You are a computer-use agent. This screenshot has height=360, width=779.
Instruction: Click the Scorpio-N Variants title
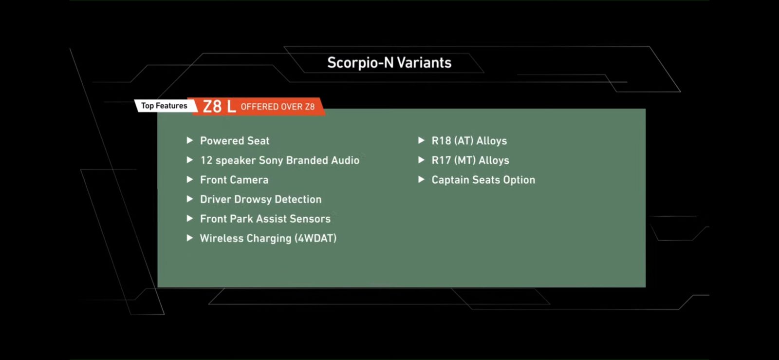pos(389,63)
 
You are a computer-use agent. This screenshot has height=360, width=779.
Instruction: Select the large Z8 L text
pos(219,106)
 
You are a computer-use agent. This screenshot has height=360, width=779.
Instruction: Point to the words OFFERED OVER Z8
pos(278,107)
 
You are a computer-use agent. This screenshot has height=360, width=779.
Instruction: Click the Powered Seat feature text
pos(234,141)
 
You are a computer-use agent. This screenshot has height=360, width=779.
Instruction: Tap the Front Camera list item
pos(234,180)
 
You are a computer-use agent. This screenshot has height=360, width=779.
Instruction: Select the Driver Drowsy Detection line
pos(260,199)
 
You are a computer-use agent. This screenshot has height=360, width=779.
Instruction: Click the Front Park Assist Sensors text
pos(265,219)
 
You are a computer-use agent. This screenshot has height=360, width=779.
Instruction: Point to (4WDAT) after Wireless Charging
pos(315,238)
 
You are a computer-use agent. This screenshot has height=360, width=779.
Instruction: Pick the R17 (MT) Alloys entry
pos(470,160)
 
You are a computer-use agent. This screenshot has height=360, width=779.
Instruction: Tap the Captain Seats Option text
pos(483,180)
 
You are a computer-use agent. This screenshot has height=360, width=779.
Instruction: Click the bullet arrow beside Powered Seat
pos(189,140)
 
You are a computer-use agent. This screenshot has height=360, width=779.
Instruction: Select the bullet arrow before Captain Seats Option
pos(421,179)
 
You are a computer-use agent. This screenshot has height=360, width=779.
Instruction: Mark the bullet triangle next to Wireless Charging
pos(189,238)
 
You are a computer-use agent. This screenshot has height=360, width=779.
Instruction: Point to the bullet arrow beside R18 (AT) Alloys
pos(421,140)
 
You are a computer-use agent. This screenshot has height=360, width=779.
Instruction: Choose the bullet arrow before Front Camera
pos(189,179)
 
